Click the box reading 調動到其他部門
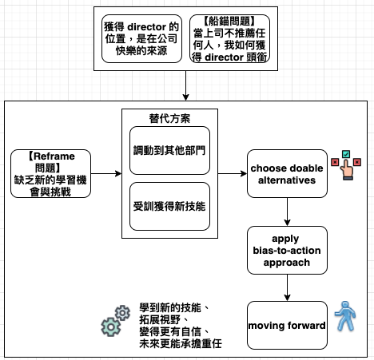click(169, 150)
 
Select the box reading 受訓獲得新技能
click(169, 206)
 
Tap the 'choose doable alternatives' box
click(287, 173)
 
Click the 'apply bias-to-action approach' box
click(287, 250)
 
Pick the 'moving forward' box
click(287, 325)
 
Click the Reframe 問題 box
click(50, 173)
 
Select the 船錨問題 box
click(229, 39)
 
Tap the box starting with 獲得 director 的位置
click(141, 39)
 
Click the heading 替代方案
click(169, 118)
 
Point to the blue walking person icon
click(345, 316)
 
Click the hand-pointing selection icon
click(346, 165)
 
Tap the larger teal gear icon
click(111, 326)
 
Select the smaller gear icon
click(122, 313)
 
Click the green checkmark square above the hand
click(346, 154)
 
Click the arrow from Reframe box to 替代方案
click(106, 174)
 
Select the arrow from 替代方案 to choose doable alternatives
click(233, 174)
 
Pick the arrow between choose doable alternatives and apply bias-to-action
click(287, 212)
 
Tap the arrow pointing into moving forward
click(287, 287)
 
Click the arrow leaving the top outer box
click(185, 85)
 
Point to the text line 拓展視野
click(160, 319)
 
